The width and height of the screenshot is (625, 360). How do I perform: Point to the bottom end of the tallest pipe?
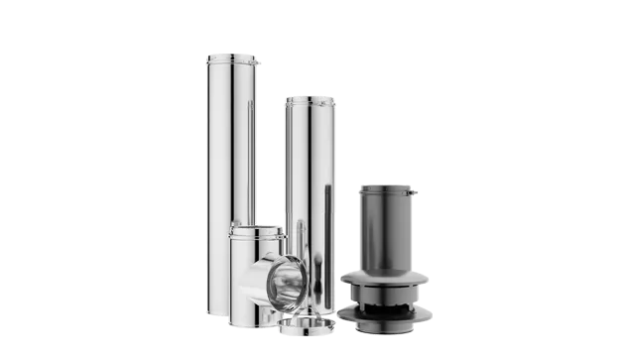218,311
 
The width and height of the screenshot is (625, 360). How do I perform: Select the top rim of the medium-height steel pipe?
308,98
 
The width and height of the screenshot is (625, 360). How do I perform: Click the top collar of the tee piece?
255,231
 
